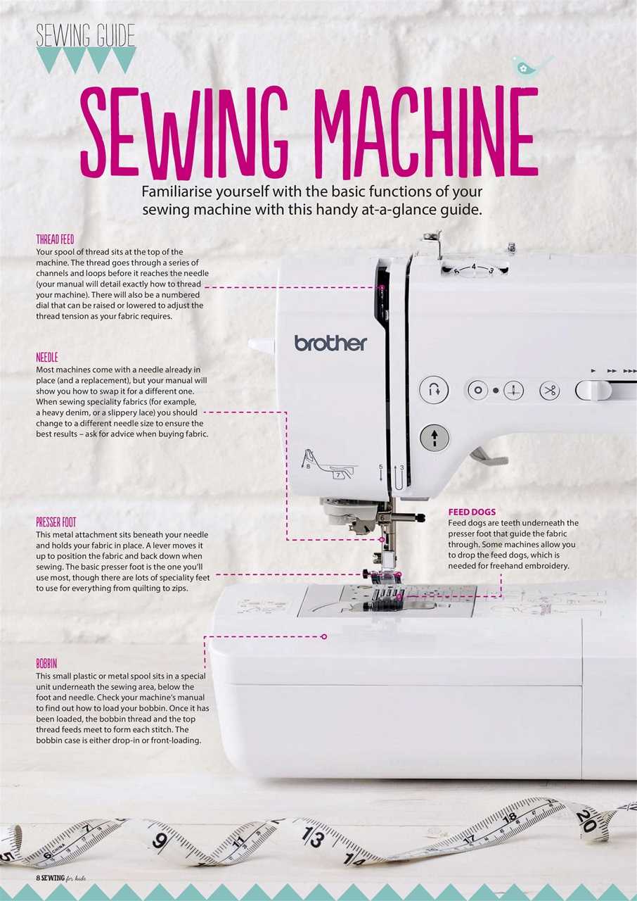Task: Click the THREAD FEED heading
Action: tap(55, 239)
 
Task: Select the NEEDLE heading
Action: tap(47, 358)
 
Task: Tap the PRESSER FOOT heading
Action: tap(56, 522)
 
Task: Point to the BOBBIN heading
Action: tap(46, 663)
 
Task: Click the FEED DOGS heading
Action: tap(472, 512)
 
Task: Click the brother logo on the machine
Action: tap(330, 344)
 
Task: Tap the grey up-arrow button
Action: tap(434, 438)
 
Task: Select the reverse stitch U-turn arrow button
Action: tap(434, 389)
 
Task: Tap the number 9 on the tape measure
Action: tap(160, 840)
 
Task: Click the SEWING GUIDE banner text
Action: tap(85, 34)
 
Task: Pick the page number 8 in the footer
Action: tap(39, 879)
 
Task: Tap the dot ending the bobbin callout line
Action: tap(324, 636)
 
